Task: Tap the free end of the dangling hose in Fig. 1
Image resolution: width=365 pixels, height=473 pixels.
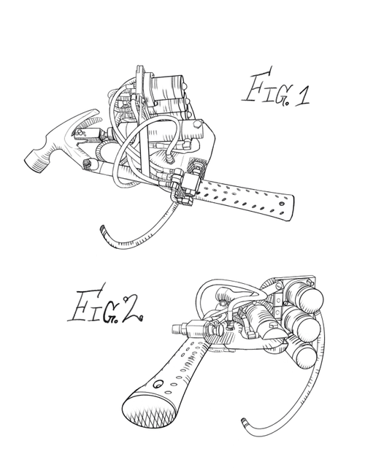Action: coord(101,232)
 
